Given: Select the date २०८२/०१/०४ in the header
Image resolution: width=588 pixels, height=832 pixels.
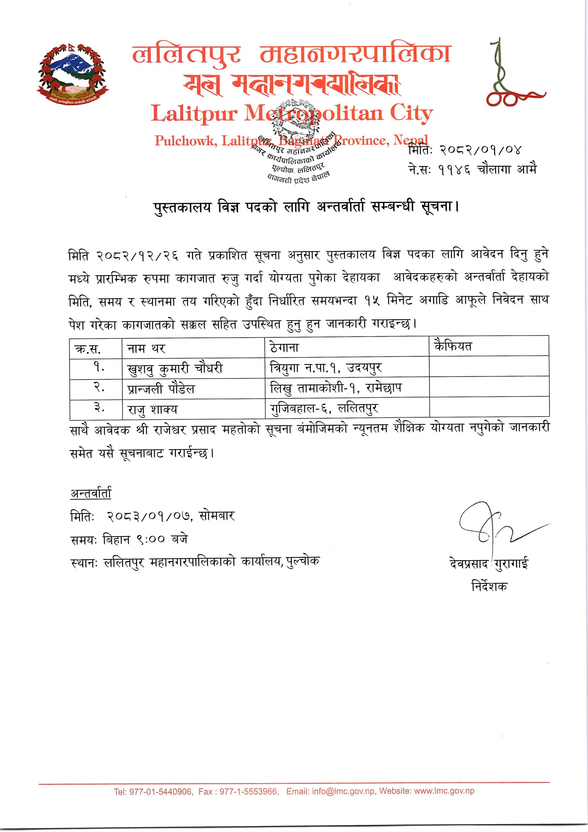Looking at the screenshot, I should pyautogui.click(x=480, y=149).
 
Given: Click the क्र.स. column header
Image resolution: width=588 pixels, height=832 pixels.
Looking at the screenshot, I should pyautogui.click(x=88, y=349).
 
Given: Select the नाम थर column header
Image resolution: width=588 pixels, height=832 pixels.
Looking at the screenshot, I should pyautogui.click(x=146, y=349).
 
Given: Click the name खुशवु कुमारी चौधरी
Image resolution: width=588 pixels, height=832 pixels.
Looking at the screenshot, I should pyautogui.click(x=175, y=369).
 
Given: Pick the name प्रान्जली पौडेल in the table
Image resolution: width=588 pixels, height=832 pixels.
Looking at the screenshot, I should pyautogui.click(x=161, y=389).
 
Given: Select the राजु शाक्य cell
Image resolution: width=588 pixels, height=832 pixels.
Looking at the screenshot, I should pyautogui.click(x=152, y=409).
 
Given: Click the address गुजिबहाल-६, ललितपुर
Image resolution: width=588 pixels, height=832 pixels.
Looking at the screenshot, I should pyautogui.click(x=324, y=409).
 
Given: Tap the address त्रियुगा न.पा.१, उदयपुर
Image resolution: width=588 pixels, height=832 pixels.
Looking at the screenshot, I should pyautogui.click(x=326, y=368).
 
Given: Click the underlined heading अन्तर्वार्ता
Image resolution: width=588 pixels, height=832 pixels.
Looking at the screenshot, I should pyautogui.click(x=91, y=494).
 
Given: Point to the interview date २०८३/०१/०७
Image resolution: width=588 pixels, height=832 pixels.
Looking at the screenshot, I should pyautogui.click(x=150, y=516).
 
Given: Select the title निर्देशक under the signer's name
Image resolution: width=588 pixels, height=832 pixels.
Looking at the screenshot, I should pyautogui.click(x=489, y=586).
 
